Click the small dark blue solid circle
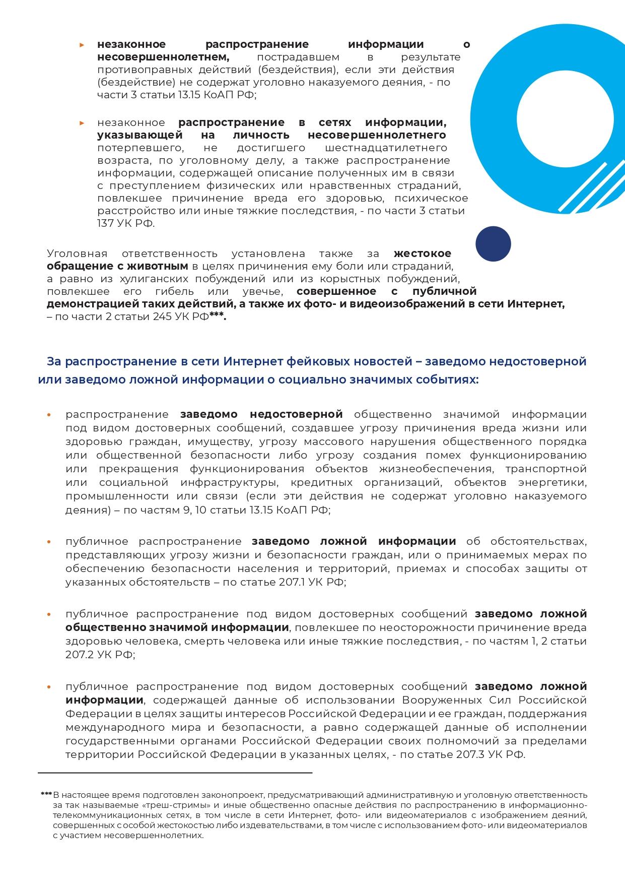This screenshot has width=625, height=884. tap(493, 244)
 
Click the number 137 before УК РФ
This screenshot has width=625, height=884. tap(105, 224)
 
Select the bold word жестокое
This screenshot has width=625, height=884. tap(422, 254)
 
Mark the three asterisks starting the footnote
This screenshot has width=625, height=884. tap(46, 795)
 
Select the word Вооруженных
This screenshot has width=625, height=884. tap(443, 701)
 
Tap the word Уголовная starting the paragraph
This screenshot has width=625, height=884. tap(77, 254)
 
